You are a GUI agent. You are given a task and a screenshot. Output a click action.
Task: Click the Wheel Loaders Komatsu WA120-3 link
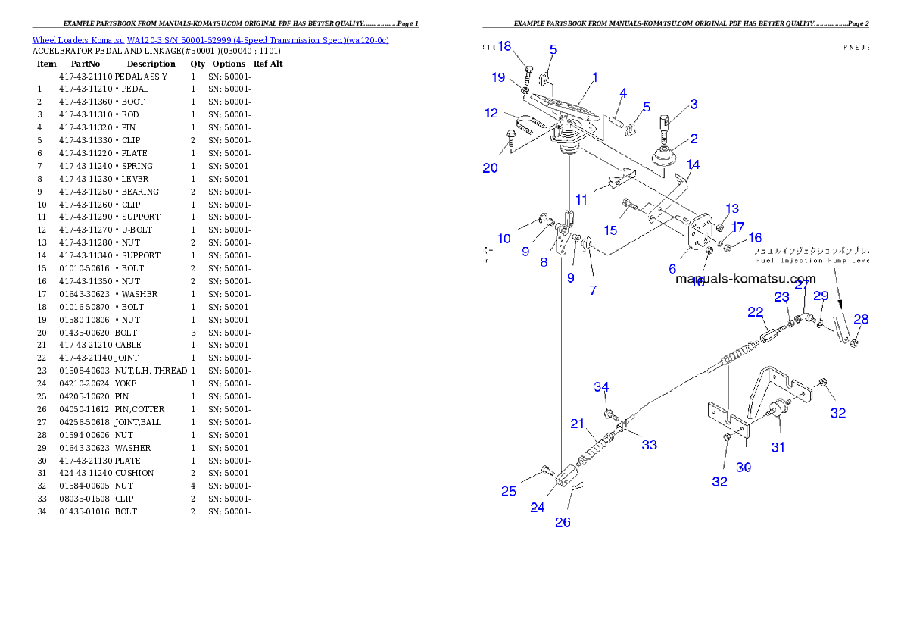[x=210, y=40]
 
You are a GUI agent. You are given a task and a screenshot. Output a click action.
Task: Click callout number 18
[x=505, y=47]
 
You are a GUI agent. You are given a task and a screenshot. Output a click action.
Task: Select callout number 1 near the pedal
[x=595, y=77]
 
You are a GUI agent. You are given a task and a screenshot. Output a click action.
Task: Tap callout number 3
[x=694, y=105]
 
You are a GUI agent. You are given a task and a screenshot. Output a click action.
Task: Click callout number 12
[x=492, y=114]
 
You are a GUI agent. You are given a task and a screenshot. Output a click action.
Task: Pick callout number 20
[x=491, y=168]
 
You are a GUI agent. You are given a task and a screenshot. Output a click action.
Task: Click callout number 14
[x=694, y=164]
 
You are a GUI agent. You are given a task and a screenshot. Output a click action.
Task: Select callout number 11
[x=581, y=200]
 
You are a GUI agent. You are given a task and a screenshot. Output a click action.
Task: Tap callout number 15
[x=610, y=230]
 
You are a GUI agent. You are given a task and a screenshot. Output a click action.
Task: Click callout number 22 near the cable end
[x=756, y=312]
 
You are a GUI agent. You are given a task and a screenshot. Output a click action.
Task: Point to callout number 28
[x=861, y=320]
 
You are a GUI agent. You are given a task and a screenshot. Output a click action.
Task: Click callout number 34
[x=601, y=387]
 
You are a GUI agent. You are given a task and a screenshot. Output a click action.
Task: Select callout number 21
[x=578, y=424]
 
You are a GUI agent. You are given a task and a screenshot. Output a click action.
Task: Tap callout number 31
[x=778, y=447]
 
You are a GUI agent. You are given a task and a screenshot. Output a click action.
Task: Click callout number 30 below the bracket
[x=744, y=468]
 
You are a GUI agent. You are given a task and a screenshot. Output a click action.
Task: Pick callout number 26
[x=563, y=522]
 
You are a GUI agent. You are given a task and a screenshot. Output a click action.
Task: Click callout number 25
[x=509, y=492]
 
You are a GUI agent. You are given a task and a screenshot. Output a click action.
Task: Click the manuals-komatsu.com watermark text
[x=746, y=279]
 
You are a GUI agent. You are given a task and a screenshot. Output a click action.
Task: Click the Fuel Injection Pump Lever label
[x=812, y=260]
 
